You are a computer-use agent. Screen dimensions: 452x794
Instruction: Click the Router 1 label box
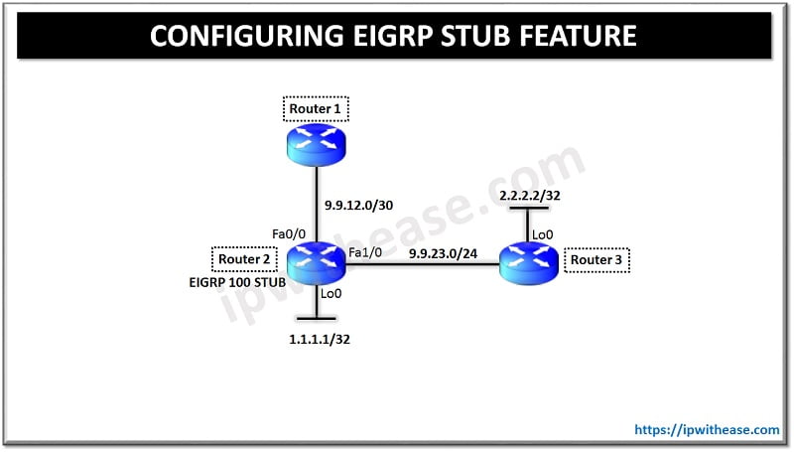coord(317,108)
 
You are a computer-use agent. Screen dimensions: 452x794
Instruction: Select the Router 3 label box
coord(596,261)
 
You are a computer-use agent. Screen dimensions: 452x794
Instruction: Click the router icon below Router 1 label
coord(316,144)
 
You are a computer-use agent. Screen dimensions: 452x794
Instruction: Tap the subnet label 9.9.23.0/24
coord(444,253)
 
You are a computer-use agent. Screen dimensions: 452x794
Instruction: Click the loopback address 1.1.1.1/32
coord(317,338)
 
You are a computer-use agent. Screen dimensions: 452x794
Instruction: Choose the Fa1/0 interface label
coord(365,254)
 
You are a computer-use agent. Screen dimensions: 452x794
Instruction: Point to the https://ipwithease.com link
coord(707,430)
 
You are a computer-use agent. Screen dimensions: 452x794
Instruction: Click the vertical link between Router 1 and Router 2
coord(316,204)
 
